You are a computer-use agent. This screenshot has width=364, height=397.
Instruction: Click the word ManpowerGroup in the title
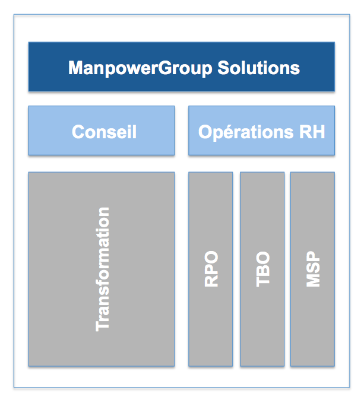(x=140, y=68)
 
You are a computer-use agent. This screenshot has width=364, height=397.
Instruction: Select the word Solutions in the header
(x=259, y=68)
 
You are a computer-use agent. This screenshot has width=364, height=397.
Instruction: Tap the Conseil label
(x=104, y=132)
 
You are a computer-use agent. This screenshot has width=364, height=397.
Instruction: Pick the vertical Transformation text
(x=103, y=269)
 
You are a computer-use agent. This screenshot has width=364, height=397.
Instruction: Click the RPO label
(x=211, y=269)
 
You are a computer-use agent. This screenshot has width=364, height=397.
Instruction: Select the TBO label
(x=263, y=269)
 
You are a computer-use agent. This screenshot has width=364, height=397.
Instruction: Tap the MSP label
(x=313, y=269)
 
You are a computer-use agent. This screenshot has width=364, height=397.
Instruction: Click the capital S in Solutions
(x=223, y=68)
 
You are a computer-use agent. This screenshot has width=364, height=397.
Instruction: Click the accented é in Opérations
(x=227, y=132)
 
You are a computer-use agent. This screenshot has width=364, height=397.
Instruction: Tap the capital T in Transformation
(x=103, y=326)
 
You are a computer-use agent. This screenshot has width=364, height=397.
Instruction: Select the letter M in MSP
(x=313, y=281)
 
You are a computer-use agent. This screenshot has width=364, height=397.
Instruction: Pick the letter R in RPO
(x=211, y=281)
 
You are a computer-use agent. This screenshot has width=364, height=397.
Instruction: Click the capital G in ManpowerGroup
(x=166, y=68)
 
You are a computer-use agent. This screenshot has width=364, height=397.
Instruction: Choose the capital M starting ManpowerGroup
(x=75, y=68)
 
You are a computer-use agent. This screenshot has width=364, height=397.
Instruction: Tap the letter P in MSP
(x=313, y=256)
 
